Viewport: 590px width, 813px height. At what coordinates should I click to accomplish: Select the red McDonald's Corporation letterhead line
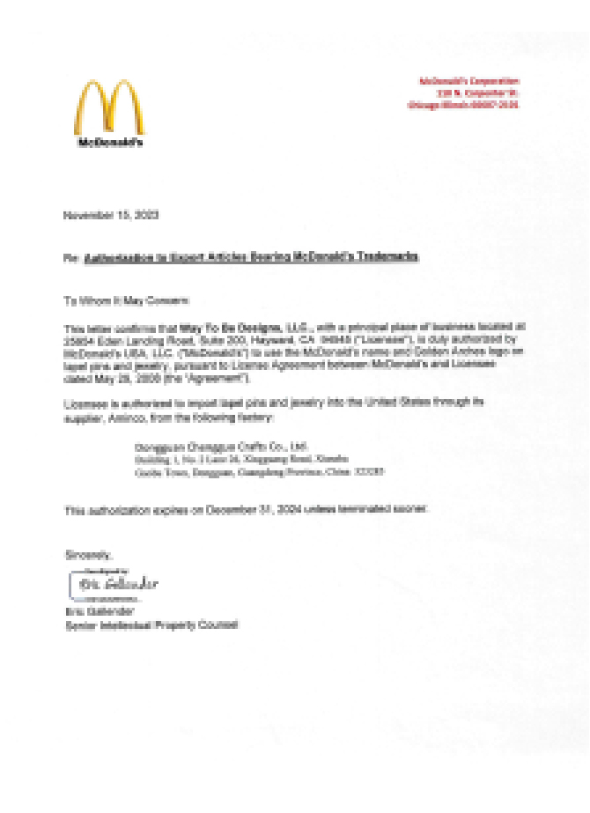point(469,81)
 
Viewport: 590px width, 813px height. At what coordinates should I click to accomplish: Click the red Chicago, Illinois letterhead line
point(463,104)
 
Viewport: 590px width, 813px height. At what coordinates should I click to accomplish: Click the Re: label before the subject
point(71,258)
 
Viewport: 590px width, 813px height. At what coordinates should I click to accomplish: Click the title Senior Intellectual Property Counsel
point(151,624)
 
